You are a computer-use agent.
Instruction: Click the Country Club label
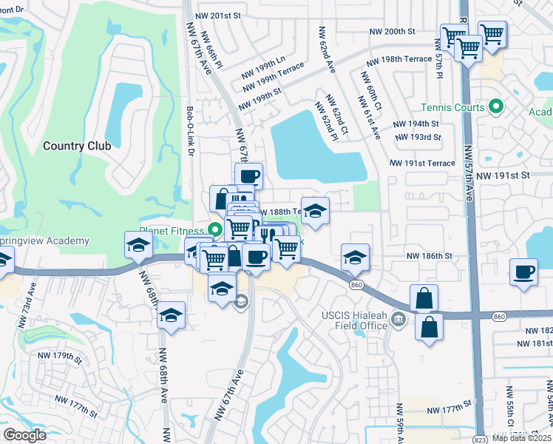coord(77,146)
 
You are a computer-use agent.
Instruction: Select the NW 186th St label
coord(428,255)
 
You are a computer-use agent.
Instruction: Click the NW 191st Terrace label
coord(423,163)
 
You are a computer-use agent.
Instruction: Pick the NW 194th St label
coord(415,124)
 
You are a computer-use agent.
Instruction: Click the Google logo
coord(24,435)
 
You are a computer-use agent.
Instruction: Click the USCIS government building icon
coord(398,320)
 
